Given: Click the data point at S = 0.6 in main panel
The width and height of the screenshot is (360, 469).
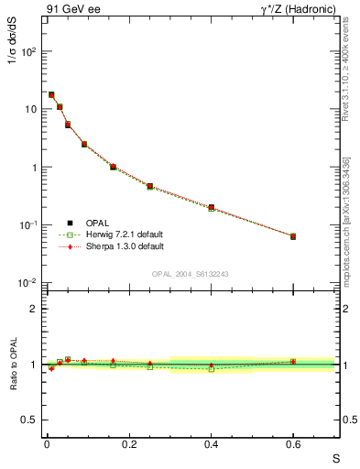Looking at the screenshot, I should pos(293,236).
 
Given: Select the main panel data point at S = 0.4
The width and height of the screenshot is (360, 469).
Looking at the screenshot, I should pos(212,208).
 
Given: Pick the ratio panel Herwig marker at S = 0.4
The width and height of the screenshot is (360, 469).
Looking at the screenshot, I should pos(212,368).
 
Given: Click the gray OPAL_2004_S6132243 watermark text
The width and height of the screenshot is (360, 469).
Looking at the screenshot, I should pos(190,274).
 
